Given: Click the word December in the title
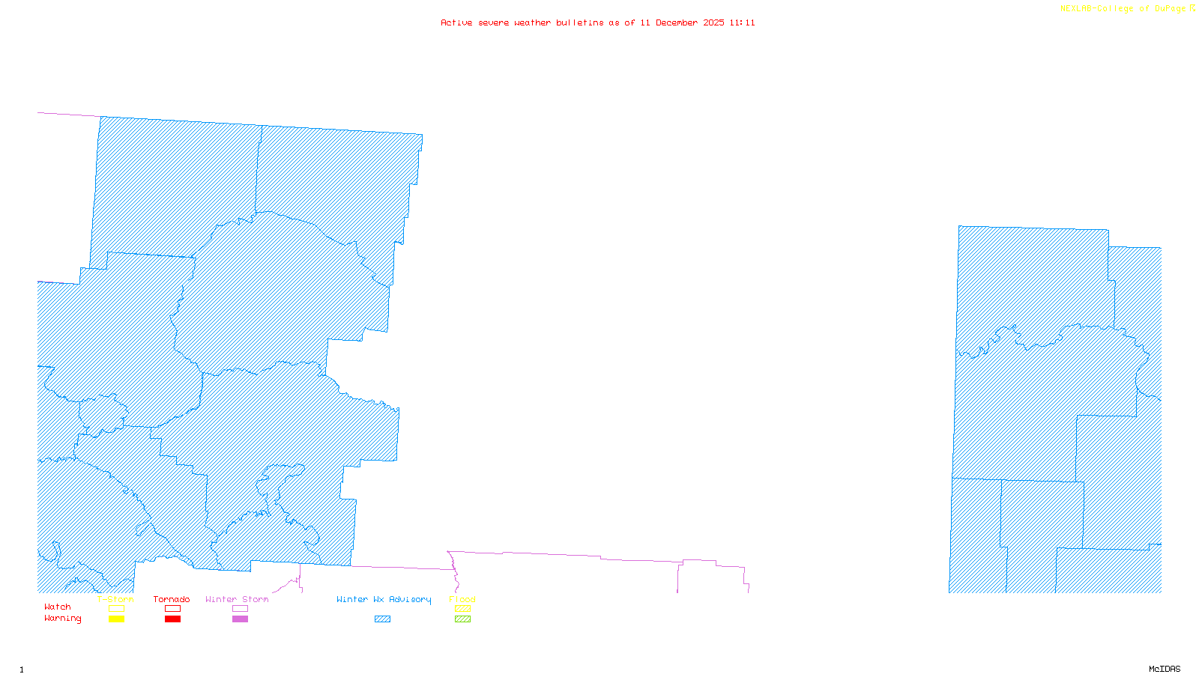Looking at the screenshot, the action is pyautogui.click(x=676, y=22).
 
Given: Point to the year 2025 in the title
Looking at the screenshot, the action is pyautogui.click(x=713, y=22).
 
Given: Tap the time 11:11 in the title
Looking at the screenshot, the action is pyautogui.click(x=742, y=22).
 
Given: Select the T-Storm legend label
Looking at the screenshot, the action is pyautogui.click(x=115, y=599).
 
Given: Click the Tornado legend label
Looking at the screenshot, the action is pyautogui.click(x=172, y=599).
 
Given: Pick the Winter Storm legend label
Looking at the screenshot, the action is pyautogui.click(x=237, y=599).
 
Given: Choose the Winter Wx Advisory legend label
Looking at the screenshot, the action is pyautogui.click(x=384, y=599).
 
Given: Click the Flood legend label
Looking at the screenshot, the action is pyautogui.click(x=462, y=599).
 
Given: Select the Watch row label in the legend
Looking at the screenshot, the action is pyautogui.click(x=58, y=607).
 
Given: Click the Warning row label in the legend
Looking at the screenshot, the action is pyautogui.click(x=63, y=619).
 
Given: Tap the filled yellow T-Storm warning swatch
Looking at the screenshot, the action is pyautogui.click(x=116, y=619).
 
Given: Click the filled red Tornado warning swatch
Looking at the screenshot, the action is pyautogui.click(x=172, y=619).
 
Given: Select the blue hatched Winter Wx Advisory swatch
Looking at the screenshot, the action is pyautogui.click(x=382, y=619).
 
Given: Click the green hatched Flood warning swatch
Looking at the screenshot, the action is pyautogui.click(x=462, y=619).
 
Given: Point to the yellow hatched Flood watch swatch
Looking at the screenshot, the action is pyautogui.click(x=462, y=609).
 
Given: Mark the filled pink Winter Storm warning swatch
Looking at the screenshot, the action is pyautogui.click(x=240, y=619).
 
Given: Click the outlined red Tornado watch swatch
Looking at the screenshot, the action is pyautogui.click(x=172, y=609).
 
